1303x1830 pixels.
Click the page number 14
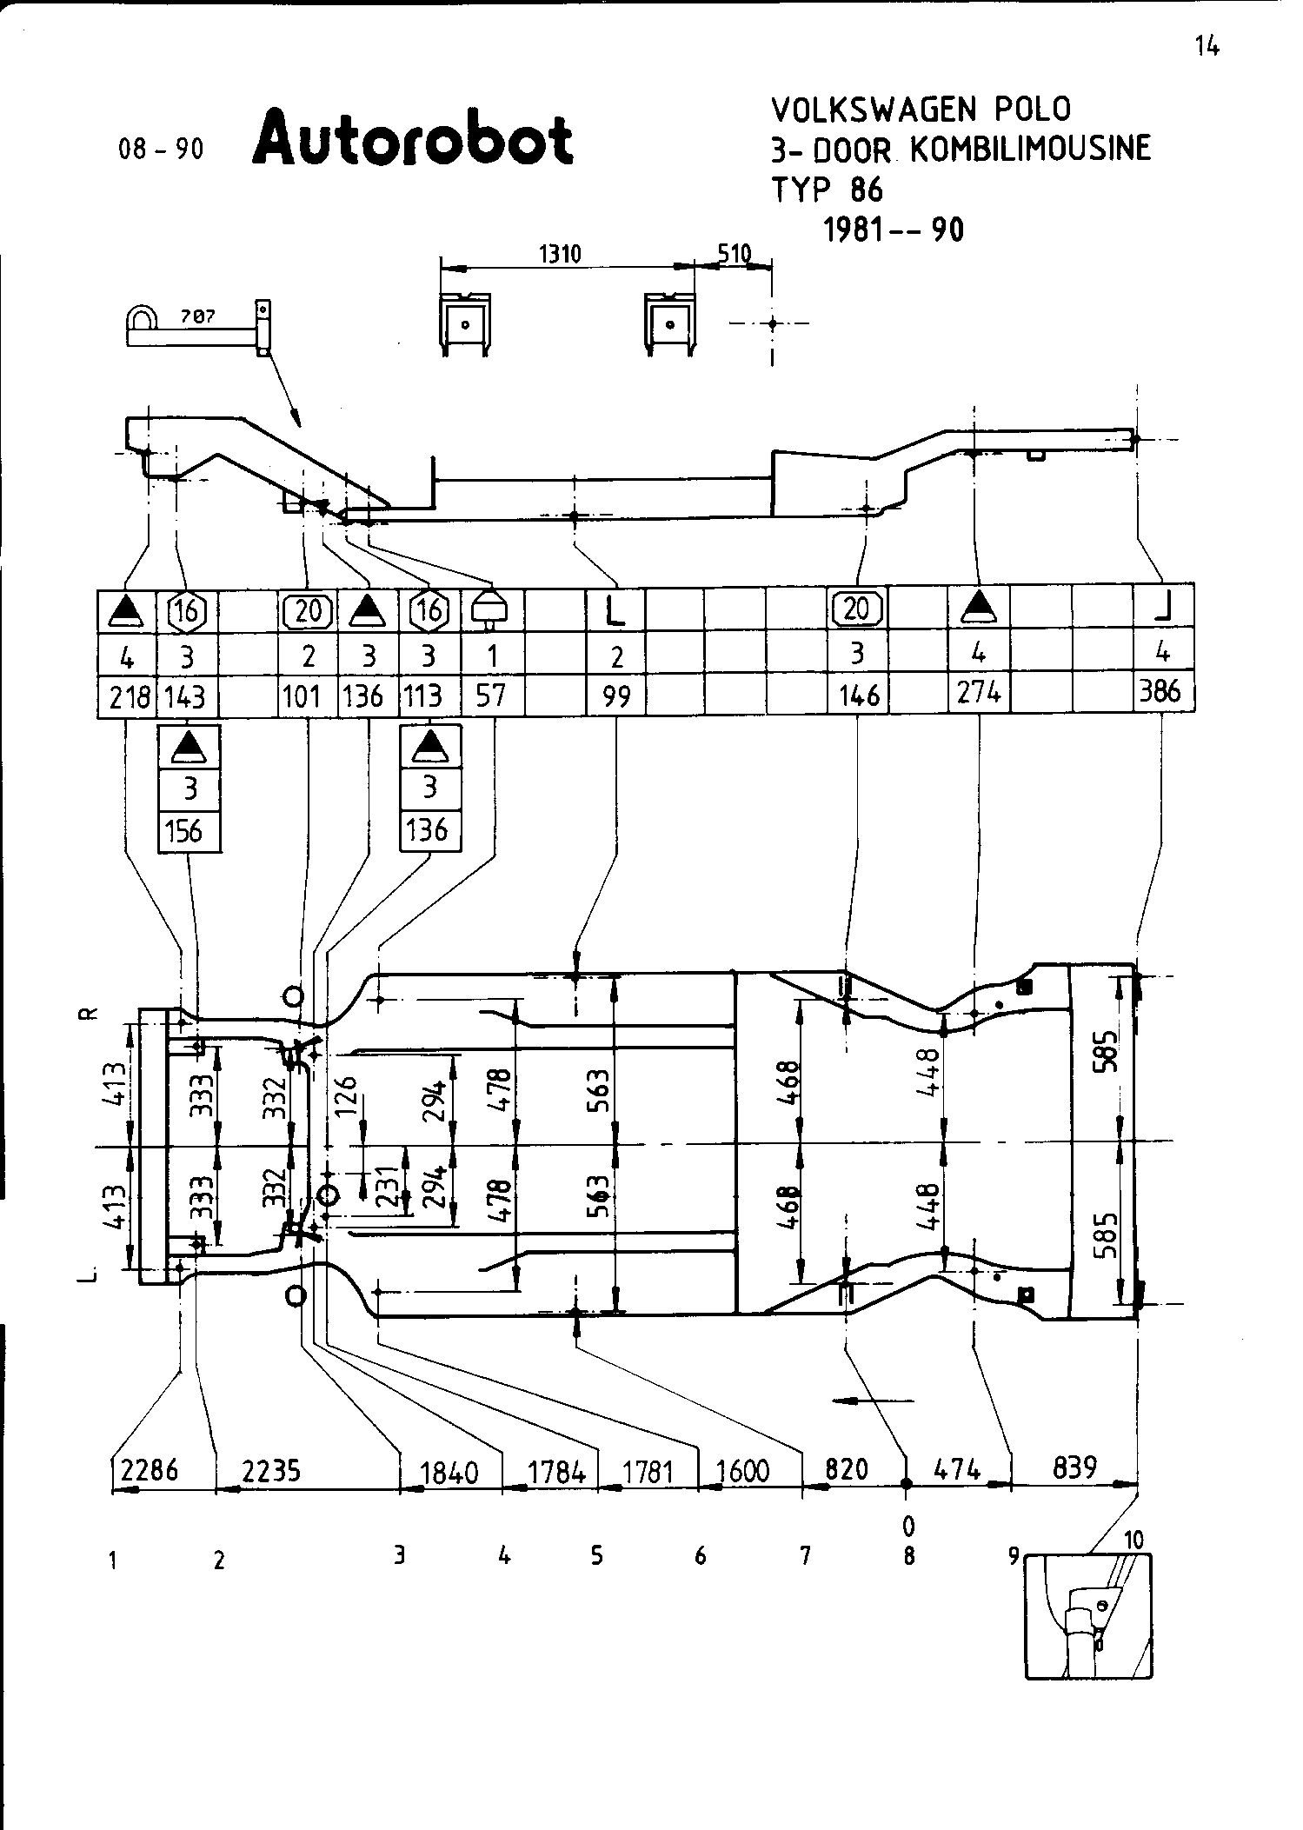[x=1207, y=47]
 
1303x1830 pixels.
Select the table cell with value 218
[x=128, y=696]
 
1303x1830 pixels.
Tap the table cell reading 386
[x=1161, y=691]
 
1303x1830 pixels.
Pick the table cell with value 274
[x=979, y=693]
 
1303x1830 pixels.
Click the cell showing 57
[x=491, y=695]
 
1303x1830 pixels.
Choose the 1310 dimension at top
[x=560, y=254]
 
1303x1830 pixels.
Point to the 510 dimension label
[x=735, y=254]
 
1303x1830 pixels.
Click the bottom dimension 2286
[x=150, y=1469]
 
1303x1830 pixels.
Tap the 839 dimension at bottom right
[x=1074, y=1467]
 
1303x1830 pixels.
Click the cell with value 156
[x=186, y=831]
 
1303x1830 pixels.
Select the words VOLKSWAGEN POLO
[x=921, y=110]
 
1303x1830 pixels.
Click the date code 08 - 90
[x=161, y=150]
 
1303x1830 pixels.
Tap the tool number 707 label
[x=197, y=318]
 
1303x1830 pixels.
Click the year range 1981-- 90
[x=893, y=230]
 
